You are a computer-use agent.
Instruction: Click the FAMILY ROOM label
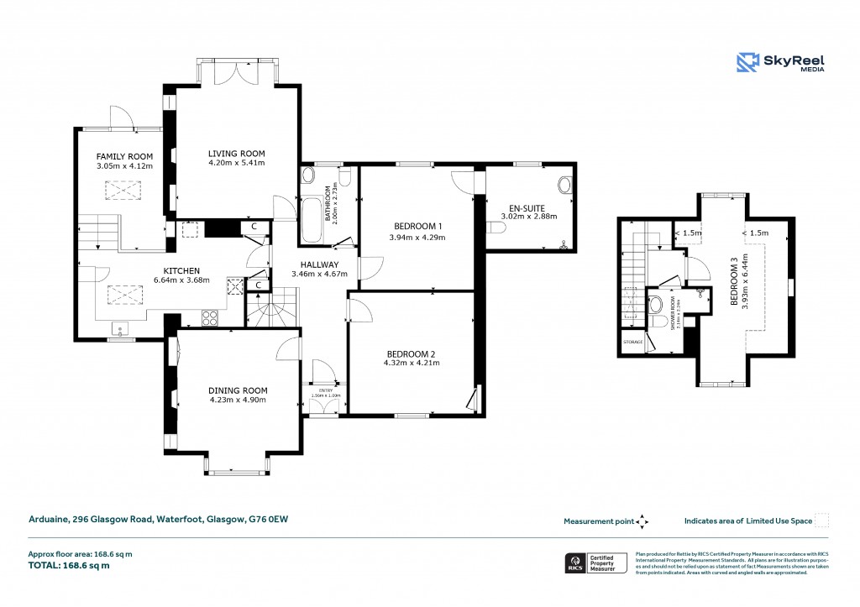click(123, 156)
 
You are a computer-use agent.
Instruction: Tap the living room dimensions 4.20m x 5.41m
click(237, 163)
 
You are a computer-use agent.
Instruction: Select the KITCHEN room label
click(181, 270)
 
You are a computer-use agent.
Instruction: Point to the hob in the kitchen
click(209, 318)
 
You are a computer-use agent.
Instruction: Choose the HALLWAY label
click(312, 264)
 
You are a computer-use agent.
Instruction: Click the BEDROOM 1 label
click(418, 227)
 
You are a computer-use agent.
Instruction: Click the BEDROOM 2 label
click(411, 353)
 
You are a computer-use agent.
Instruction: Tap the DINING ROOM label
click(238, 390)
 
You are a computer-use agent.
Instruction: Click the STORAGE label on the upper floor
click(632, 343)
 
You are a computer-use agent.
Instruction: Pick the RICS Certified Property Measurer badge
click(595, 563)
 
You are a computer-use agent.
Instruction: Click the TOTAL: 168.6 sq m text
click(71, 565)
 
